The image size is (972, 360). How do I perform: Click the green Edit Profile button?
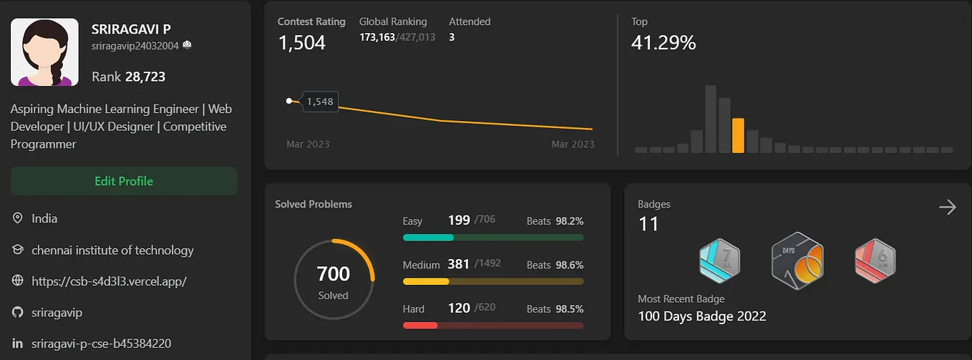[x=124, y=181]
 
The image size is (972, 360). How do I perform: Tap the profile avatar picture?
[x=44, y=52]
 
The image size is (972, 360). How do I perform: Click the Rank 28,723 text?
[x=129, y=77]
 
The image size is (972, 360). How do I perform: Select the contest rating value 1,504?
[x=301, y=43]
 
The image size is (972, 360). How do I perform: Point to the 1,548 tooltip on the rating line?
[x=320, y=102]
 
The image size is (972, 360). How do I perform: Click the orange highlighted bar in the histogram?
[x=738, y=135]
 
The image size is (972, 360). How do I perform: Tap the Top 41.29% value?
[x=664, y=43]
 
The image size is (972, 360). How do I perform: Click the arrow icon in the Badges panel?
[x=947, y=208]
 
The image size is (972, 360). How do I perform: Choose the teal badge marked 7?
[x=719, y=261]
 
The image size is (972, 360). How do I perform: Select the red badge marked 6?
[x=875, y=261]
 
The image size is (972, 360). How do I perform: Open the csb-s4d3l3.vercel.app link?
[x=109, y=281]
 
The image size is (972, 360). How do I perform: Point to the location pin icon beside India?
[x=18, y=218]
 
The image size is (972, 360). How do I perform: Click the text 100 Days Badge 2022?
[x=701, y=316]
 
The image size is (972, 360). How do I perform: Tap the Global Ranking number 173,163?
[x=377, y=37]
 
